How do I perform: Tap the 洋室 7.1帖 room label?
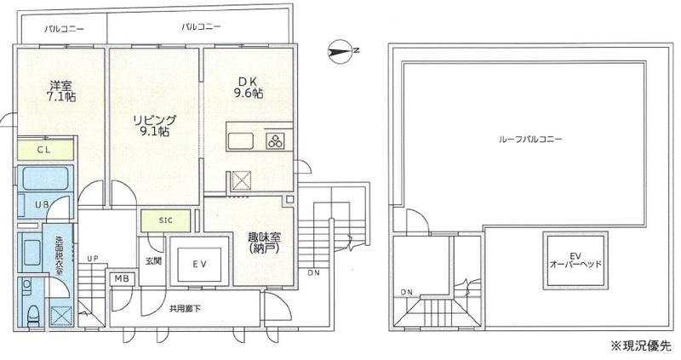(x=61, y=91)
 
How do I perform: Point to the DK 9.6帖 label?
(x=249, y=88)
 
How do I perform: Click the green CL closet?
(x=45, y=151)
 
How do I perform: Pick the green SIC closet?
(x=165, y=220)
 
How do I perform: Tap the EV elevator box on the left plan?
(x=199, y=261)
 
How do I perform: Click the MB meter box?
(x=122, y=279)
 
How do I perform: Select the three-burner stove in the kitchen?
(x=275, y=140)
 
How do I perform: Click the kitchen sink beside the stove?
(x=241, y=140)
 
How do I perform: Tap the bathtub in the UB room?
(x=45, y=178)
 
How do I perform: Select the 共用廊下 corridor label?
(x=185, y=309)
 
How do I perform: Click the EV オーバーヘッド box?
(x=575, y=260)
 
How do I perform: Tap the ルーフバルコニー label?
(x=530, y=139)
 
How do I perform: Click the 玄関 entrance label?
(x=153, y=261)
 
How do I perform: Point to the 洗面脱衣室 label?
(x=59, y=255)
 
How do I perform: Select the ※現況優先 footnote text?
(x=641, y=346)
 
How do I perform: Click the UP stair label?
(x=92, y=259)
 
